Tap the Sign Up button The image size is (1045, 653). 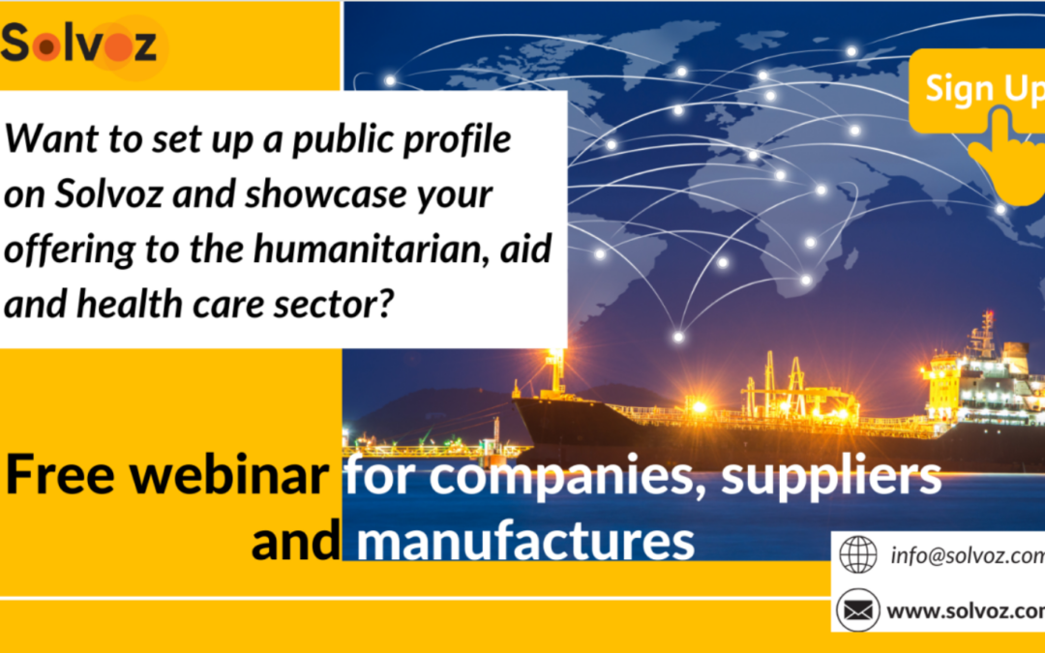pos(977,90)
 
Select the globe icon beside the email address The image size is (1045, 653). pos(857,554)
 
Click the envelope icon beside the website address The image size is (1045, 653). pos(857,609)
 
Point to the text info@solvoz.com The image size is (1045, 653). pos(968,555)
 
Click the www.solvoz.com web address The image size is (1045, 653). pos(966,611)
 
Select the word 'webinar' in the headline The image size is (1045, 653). pos(228,474)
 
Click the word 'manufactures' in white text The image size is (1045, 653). pos(525,541)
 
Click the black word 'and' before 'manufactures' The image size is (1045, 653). pos(296,541)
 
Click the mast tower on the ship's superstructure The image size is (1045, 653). pos(985,332)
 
